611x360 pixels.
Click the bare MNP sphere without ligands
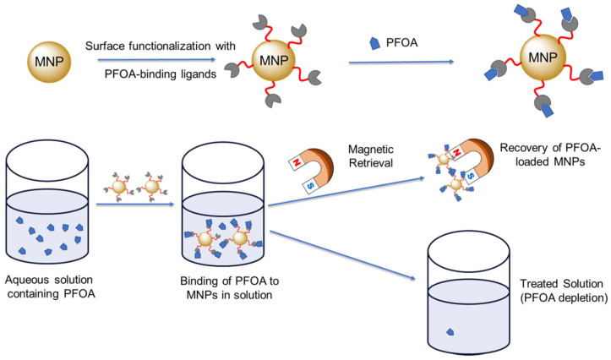pos(49,61)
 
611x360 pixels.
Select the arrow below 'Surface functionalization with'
pos(156,60)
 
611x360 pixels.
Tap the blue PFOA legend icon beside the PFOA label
pos(374,43)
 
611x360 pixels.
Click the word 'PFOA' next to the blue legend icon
pos(401,42)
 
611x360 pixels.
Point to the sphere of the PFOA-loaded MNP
pos(543,57)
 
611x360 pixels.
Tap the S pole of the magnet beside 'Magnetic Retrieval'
pos(310,187)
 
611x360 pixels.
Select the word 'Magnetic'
pos(371,150)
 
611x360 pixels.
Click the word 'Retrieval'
pos(371,163)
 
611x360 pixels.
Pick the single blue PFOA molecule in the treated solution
pos(450,332)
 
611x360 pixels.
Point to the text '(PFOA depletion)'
pos(564,298)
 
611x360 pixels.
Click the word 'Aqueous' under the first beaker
pos(26,280)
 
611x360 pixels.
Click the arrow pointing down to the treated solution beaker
pos(342,255)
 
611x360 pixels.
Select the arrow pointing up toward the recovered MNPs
pos(346,191)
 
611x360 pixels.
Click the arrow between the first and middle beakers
pos(135,204)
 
